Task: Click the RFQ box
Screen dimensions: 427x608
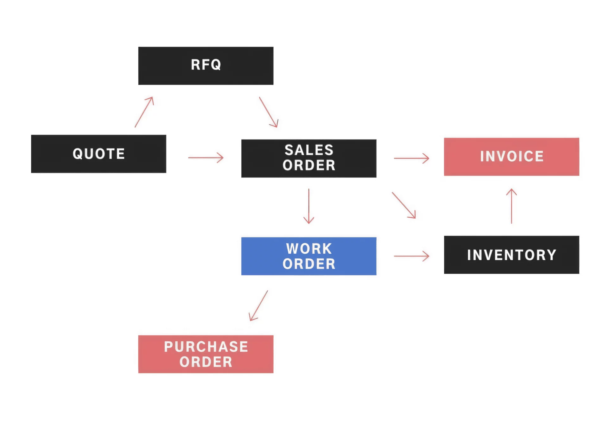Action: [206, 66]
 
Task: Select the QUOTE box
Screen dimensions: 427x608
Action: [98, 154]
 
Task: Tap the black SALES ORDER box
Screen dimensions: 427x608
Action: [309, 158]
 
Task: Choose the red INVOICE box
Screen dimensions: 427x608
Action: [511, 157]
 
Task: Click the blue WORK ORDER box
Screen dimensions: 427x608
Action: [309, 256]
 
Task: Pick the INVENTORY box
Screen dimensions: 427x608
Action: [511, 255]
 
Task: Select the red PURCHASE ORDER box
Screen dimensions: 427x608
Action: [206, 354]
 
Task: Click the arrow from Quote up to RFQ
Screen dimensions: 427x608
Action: [144, 112]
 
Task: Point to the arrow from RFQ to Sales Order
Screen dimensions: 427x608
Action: [268, 112]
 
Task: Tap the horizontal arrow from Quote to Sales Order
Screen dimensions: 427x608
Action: [206, 158]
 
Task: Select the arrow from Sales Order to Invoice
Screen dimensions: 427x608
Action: [411, 158]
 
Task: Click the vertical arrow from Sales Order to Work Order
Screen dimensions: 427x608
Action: [309, 206]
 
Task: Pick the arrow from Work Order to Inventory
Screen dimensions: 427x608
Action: [411, 256]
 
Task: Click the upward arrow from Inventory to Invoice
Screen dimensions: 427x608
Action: [511, 206]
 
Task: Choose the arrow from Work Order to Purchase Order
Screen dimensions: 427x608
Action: [258, 306]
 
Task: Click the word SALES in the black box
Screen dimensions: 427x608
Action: [309, 150]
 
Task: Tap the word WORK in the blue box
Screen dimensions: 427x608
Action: [309, 249]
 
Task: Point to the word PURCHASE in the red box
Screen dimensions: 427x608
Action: [206, 347]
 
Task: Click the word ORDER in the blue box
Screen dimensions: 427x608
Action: [309, 264]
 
